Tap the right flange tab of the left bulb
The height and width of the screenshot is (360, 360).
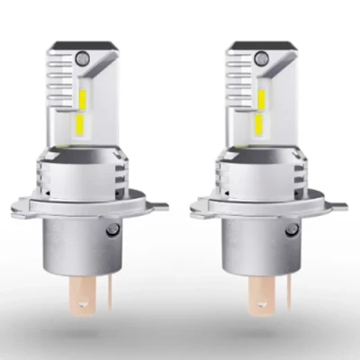pos(154,206)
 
